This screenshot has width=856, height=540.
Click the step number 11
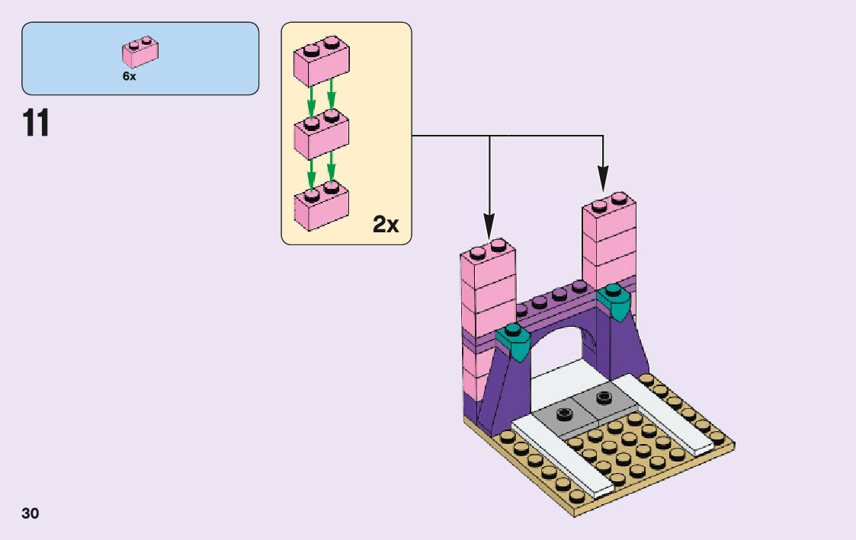click(36, 123)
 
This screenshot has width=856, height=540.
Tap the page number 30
click(30, 513)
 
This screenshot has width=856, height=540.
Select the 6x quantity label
click(129, 76)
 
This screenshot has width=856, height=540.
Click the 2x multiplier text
click(386, 224)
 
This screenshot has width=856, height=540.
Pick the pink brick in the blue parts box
click(140, 52)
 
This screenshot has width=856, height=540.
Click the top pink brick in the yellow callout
click(321, 62)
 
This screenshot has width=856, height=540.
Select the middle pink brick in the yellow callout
click(321, 135)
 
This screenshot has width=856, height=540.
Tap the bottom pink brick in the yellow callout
click(321, 203)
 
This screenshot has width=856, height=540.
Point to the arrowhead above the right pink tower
click(603, 181)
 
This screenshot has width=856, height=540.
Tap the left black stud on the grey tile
click(564, 414)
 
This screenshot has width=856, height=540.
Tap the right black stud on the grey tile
click(604, 397)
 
